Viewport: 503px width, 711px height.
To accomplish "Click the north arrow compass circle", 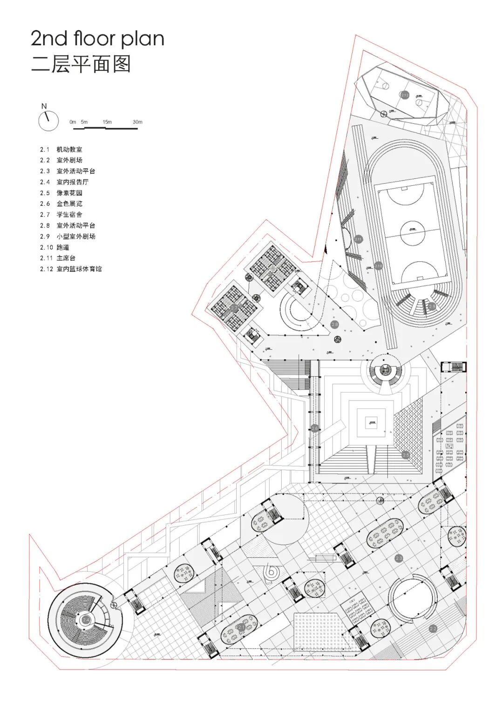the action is pos(48,121).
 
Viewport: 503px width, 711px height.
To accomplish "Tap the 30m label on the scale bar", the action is pos(137,122).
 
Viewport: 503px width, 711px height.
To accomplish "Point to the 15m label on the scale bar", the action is pos(107,122).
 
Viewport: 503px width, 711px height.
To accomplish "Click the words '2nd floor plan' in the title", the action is pos(97,39).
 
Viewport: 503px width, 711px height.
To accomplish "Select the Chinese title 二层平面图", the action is pos(81,64).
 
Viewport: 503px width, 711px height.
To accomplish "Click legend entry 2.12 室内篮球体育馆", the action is pos(71,269).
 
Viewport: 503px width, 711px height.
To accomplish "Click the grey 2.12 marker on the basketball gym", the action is pos(404,95).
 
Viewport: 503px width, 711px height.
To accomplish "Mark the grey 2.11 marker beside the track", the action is pos(358,239).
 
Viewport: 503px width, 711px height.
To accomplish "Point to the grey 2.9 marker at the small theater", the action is pos(432,306).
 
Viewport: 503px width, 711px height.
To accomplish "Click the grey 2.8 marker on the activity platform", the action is pos(334,324).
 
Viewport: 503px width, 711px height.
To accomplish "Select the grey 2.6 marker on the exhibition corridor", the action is pos(315,428).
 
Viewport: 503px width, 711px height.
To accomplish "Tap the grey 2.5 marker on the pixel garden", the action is pos(406,454).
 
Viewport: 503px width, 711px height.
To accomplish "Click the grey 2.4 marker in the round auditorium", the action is pos(86,620).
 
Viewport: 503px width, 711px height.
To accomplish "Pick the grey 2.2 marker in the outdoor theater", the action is pos(433,629).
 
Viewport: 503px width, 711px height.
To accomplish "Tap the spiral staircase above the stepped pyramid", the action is pos(385,370).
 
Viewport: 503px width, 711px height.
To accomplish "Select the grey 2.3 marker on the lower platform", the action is pos(399,558).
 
